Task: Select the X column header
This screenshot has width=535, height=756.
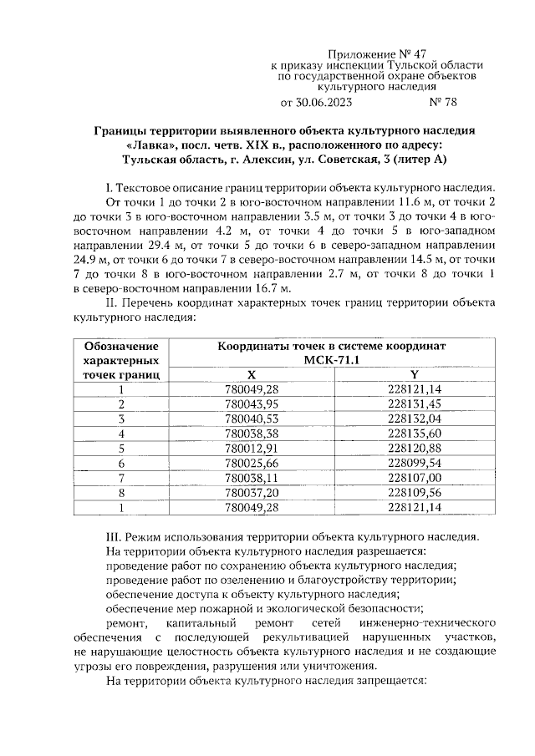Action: [x=252, y=375]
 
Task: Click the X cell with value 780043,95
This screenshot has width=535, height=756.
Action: [x=252, y=403]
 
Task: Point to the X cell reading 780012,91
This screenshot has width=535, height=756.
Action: [x=252, y=448]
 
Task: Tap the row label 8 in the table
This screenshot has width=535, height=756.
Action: [x=122, y=493]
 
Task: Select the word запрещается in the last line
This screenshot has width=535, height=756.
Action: [x=390, y=681]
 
